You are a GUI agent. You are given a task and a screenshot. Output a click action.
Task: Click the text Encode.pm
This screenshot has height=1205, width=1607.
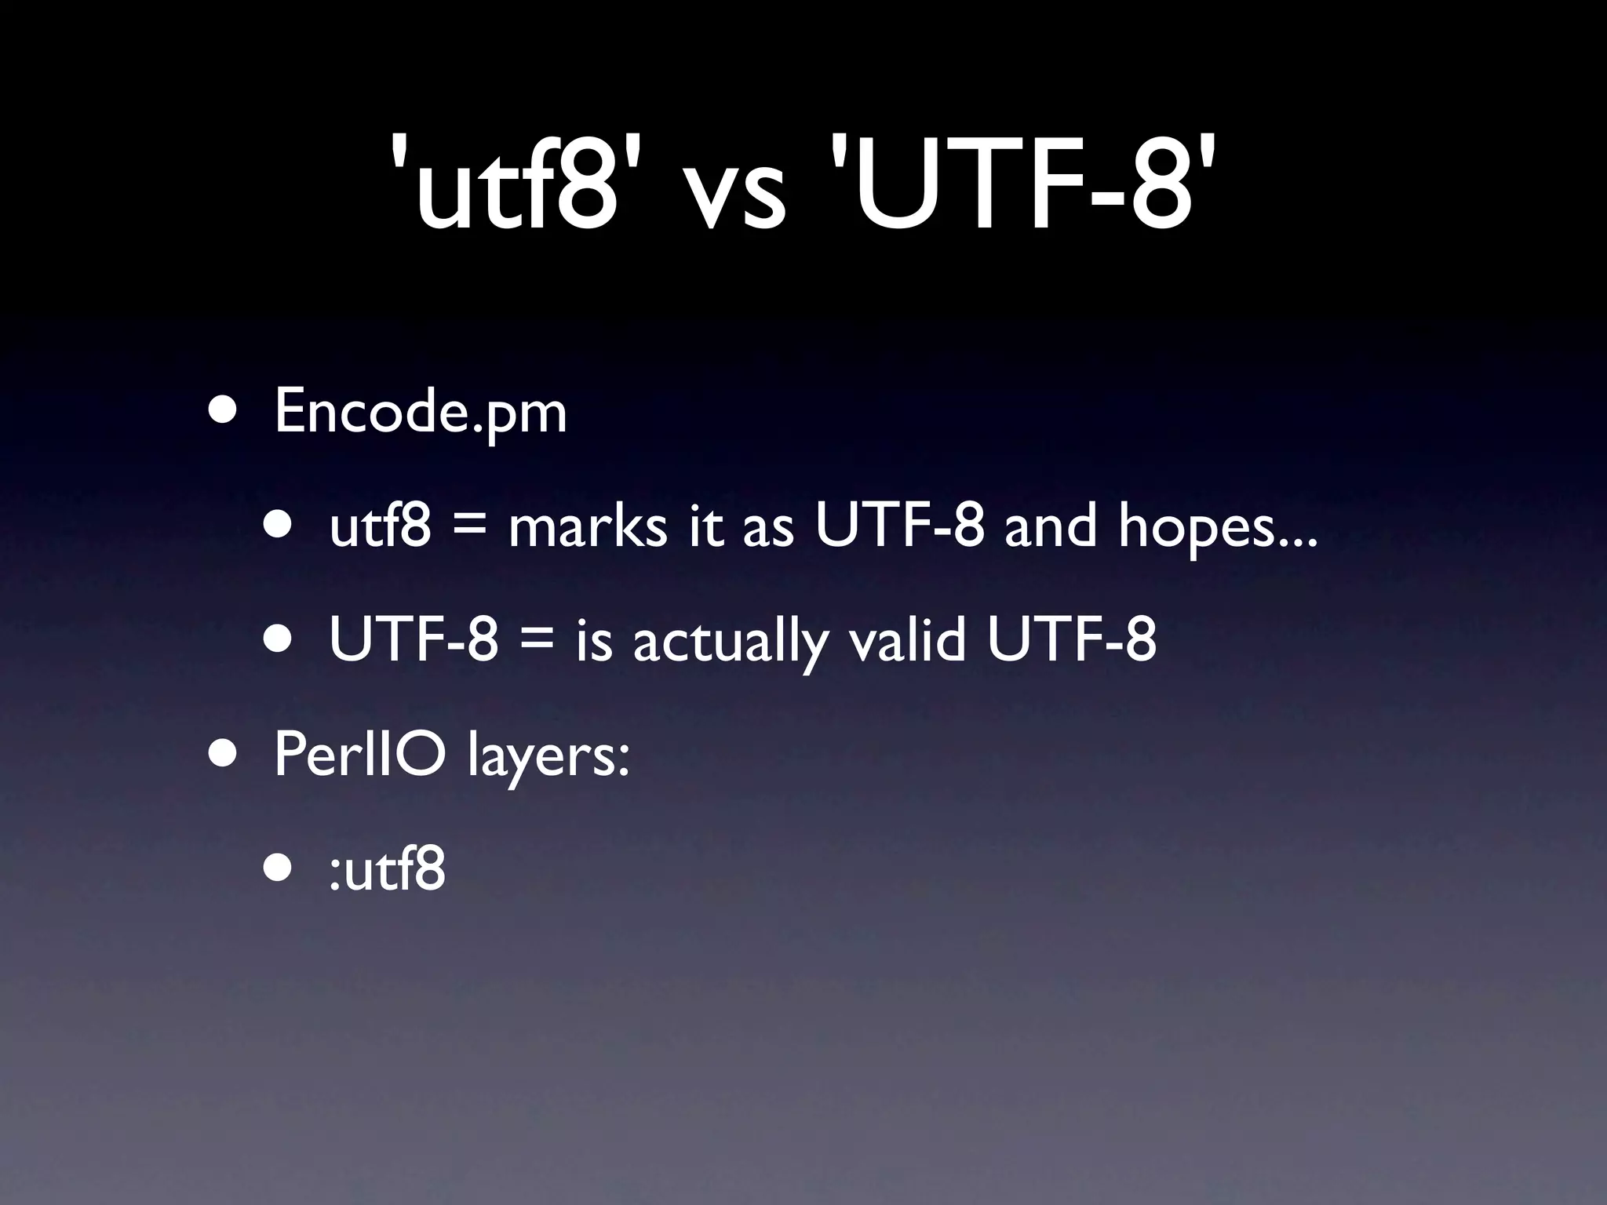point(420,412)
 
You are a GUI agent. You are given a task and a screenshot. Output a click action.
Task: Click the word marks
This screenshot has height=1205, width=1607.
point(588,526)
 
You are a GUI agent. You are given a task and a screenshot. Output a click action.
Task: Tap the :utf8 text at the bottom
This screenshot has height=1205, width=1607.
point(388,870)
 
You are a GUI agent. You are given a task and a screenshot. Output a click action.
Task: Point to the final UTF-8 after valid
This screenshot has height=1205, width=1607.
point(1071,639)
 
